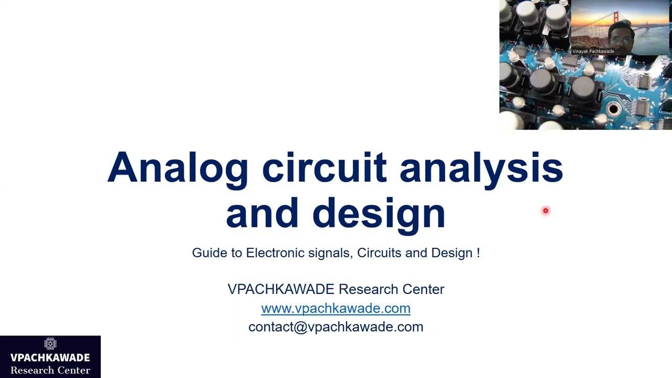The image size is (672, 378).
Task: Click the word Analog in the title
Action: tap(177, 168)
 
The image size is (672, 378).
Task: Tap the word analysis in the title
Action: tap(481, 168)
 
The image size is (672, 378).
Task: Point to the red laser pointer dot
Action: tap(545, 211)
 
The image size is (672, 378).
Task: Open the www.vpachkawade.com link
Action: tap(335, 308)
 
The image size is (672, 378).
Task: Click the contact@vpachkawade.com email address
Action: tap(335, 327)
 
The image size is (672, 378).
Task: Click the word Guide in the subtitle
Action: tap(209, 253)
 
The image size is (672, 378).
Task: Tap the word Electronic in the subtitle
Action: tap(275, 253)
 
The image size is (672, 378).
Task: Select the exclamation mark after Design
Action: tap(478, 253)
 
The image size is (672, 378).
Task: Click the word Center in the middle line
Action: tap(423, 289)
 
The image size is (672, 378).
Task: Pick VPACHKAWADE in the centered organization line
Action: tap(280, 289)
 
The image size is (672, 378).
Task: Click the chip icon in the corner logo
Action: tap(50, 344)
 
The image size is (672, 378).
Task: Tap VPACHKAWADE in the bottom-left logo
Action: tap(50, 358)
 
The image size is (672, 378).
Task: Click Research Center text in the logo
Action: tap(50, 371)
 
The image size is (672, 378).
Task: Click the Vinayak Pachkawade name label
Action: tap(593, 51)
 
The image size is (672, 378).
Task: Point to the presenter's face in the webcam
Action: tap(620, 34)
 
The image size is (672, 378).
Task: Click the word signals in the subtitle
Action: tap(329, 253)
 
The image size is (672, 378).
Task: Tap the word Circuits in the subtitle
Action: tap(379, 253)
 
